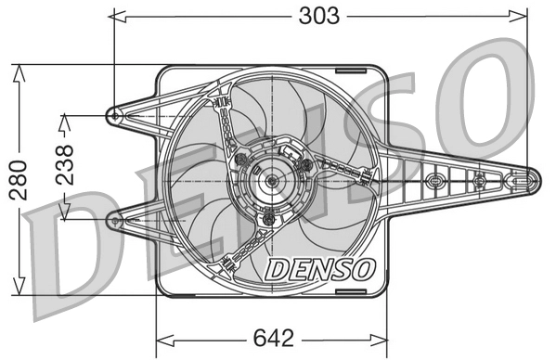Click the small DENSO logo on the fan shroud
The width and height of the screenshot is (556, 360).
pyautogui.click(x=320, y=269)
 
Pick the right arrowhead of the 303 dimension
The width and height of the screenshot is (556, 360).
pyautogui.click(x=524, y=16)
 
